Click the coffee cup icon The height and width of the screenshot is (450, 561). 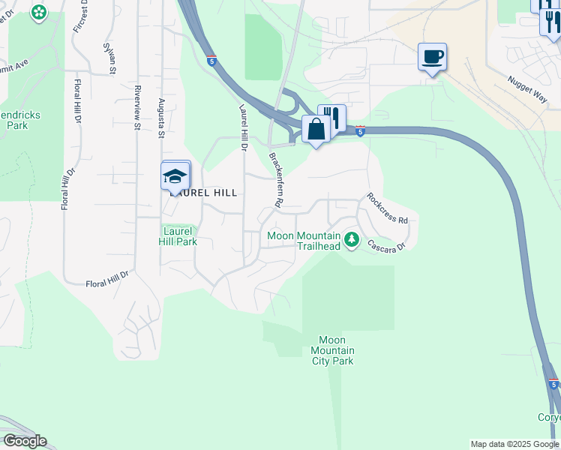(x=432, y=57)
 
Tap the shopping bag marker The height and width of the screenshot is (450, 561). (x=316, y=130)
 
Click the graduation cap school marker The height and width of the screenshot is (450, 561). (x=175, y=178)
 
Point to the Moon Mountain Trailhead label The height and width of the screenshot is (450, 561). (x=304, y=241)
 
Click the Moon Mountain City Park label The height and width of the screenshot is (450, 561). (x=332, y=350)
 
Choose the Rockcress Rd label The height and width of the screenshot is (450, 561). (x=387, y=209)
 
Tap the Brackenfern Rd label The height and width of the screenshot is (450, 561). (x=276, y=180)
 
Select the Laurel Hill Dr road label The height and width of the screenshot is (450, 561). (x=242, y=128)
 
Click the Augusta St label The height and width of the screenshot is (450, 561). (x=160, y=118)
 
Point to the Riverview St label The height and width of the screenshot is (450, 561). (x=137, y=107)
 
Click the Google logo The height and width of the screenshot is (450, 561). (x=24, y=441)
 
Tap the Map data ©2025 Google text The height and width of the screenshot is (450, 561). (x=514, y=444)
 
